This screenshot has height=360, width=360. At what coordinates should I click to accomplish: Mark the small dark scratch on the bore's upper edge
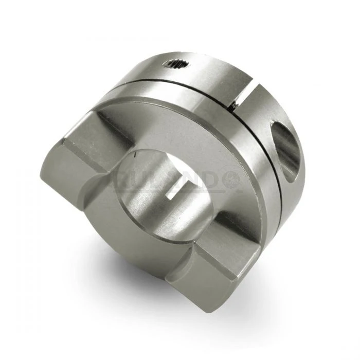coord(135,154)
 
